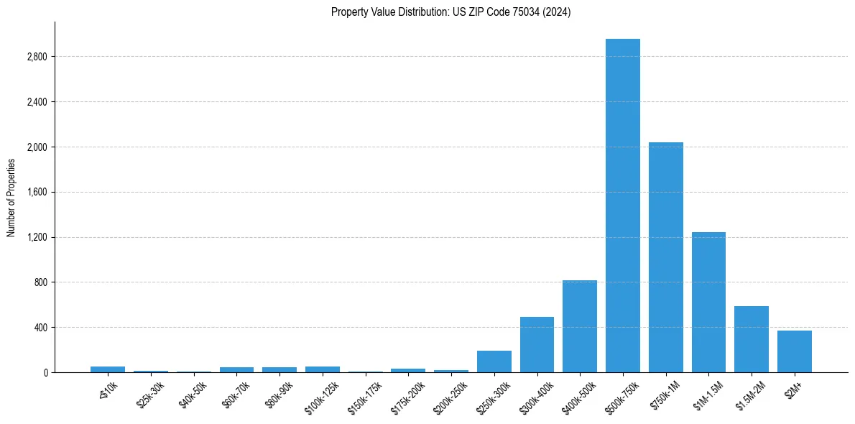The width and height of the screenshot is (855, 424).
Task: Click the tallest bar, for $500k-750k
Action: click(x=622, y=206)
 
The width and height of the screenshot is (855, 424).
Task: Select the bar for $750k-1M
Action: click(x=665, y=257)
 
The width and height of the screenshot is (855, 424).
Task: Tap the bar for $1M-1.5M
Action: click(x=708, y=302)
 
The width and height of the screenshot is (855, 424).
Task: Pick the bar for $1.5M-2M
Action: click(x=751, y=339)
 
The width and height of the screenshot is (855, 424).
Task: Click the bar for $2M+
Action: click(x=794, y=351)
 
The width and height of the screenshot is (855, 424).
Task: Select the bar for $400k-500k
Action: click(x=579, y=326)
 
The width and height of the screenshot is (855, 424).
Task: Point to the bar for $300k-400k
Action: click(x=537, y=344)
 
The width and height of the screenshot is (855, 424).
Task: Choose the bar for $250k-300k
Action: click(x=494, y=361)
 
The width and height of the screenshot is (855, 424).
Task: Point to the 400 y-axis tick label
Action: click(x=40, y=328)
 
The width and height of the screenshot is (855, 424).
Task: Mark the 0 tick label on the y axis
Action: click(x=45, y=373)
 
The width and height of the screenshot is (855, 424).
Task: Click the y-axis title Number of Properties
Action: click(x=11, y=198)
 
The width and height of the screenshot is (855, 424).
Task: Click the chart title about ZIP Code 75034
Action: click(x=450, y=11)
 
